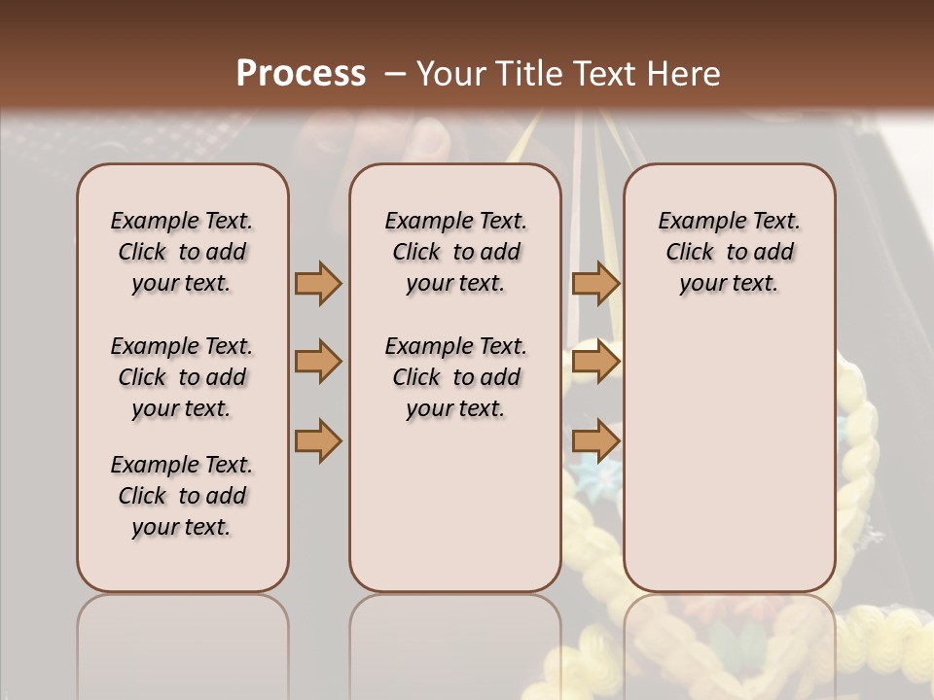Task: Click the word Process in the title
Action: [x=301, y=74]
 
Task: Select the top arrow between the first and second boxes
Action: [x=318, y=283]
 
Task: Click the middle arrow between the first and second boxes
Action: [x=318, y=362]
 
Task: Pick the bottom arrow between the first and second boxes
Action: [x=318, y=440]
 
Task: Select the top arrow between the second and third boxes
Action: [x=595, y=283]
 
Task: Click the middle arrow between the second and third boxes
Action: [x=595, y=362]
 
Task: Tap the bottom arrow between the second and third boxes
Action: [x=595, y=440]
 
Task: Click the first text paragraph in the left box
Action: [x=182, y=252]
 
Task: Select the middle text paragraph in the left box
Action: [x=182, y=377]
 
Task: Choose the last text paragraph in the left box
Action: [x=182, y=496]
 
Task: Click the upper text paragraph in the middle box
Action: [x=455, y=252]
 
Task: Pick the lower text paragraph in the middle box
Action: [x=455, y=377]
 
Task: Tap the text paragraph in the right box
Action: [x=729, y=252]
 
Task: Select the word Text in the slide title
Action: [x=601, y=74]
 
